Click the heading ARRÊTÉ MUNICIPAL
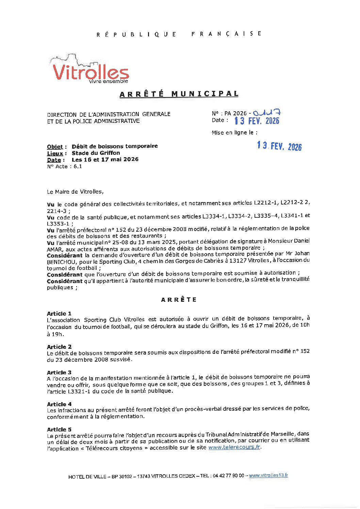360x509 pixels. [x=179, y=94]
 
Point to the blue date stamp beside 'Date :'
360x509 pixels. [x=257, y=121]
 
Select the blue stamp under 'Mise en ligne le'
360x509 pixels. [x=279, y=146]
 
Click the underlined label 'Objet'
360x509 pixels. [x=55, y=147]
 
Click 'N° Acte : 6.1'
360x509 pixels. [x=64, y=166]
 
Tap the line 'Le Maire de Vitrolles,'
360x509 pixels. [x=75, y=192]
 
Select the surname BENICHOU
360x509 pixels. [x=60, y=262]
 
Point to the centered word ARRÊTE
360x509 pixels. [x=179, y=300]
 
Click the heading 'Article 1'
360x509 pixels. [x=59, y=313]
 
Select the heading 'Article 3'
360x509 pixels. [x=59, y=372]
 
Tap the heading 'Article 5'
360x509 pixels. [x=59, y=429]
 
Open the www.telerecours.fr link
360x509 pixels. [x=234, y=447]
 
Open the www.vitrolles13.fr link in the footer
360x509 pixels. [x=268, y=476]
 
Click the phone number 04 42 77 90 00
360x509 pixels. [x=228, y=476]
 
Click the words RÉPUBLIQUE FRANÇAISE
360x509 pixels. [x=179, y=34]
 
